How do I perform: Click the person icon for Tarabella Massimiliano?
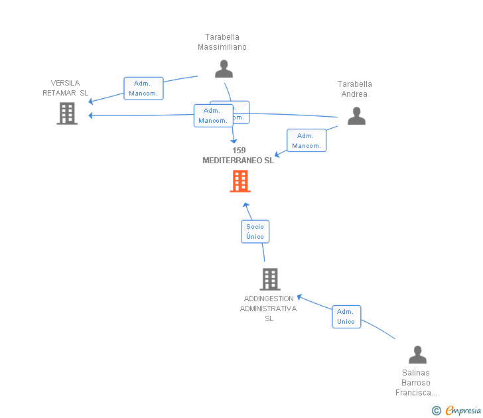pyautogui.click(x=224, y=68)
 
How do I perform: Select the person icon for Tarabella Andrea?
pyautogui.click(x=356, y=115)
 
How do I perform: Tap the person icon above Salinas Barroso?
pyautogui.click(x=417, y=354)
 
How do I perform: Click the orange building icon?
pyautogui.click(x=240, y=180)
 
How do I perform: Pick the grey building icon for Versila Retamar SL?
pyautogui.click(x=67, y=113)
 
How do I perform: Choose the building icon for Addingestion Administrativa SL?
pyautogui.click(x=269, y=279)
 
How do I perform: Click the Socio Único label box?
pyautogui.click(x=255, y=231)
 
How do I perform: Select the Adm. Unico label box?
pyautogui.click(x=346, y=316)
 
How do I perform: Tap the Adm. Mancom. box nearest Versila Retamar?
pyautogui.click(x=143, y=88)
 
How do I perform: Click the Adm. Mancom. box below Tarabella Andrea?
pyautogui.click(x=306, y=141)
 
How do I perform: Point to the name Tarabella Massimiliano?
pyautogui.click(x=222, y=42)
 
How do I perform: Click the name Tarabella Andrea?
pyautogui.click(x=355, y=89)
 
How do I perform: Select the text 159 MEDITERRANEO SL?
pyautogui.click(x=238, y=155)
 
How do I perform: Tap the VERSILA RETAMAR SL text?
pyautogui.click(x=65, y=88)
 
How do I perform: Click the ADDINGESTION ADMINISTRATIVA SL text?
pyautogui.click(x=269, y=309)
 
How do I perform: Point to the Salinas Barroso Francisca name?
pyautogui.click(x=417, y=383)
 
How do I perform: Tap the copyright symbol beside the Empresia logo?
pyautogui.click(x=437, y=411)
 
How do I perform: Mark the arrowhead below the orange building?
pyautogui.click(x=245, y=205)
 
